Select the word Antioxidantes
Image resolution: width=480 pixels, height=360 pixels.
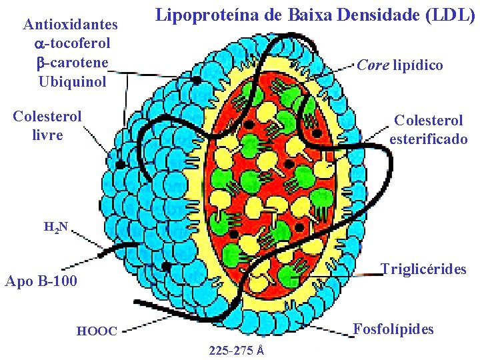[71, 25]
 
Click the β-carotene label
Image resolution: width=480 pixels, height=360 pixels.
[71, 63]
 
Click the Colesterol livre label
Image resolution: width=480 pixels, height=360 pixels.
[47, 125]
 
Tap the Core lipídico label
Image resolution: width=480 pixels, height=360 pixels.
[400, 65]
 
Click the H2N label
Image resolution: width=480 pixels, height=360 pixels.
[55, 227]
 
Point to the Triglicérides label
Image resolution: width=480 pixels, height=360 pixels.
[423, 269]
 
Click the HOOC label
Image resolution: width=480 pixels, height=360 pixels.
[97, 331]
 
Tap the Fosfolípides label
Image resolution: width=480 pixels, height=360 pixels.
[393, 329]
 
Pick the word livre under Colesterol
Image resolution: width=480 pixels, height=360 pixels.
[47, 135]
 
